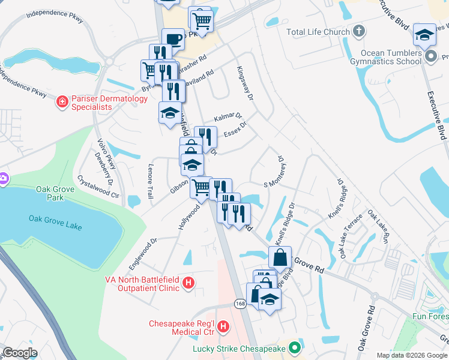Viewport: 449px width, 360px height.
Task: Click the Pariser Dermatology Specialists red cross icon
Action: (x=61, y=103)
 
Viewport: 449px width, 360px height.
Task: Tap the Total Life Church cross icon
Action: (x=358, y=31)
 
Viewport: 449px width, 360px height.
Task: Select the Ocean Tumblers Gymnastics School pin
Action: (x=431, y=57)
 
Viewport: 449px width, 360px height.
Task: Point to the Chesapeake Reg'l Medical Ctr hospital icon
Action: (x=223, y=327)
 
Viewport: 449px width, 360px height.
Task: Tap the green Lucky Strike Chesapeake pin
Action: (x=294, y=348)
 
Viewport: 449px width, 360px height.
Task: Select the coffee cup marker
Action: (x=173, y=39)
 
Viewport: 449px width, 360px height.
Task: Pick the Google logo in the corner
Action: (x=19, y=353)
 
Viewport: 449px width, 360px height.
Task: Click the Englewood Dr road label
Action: (x=142, y=254)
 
